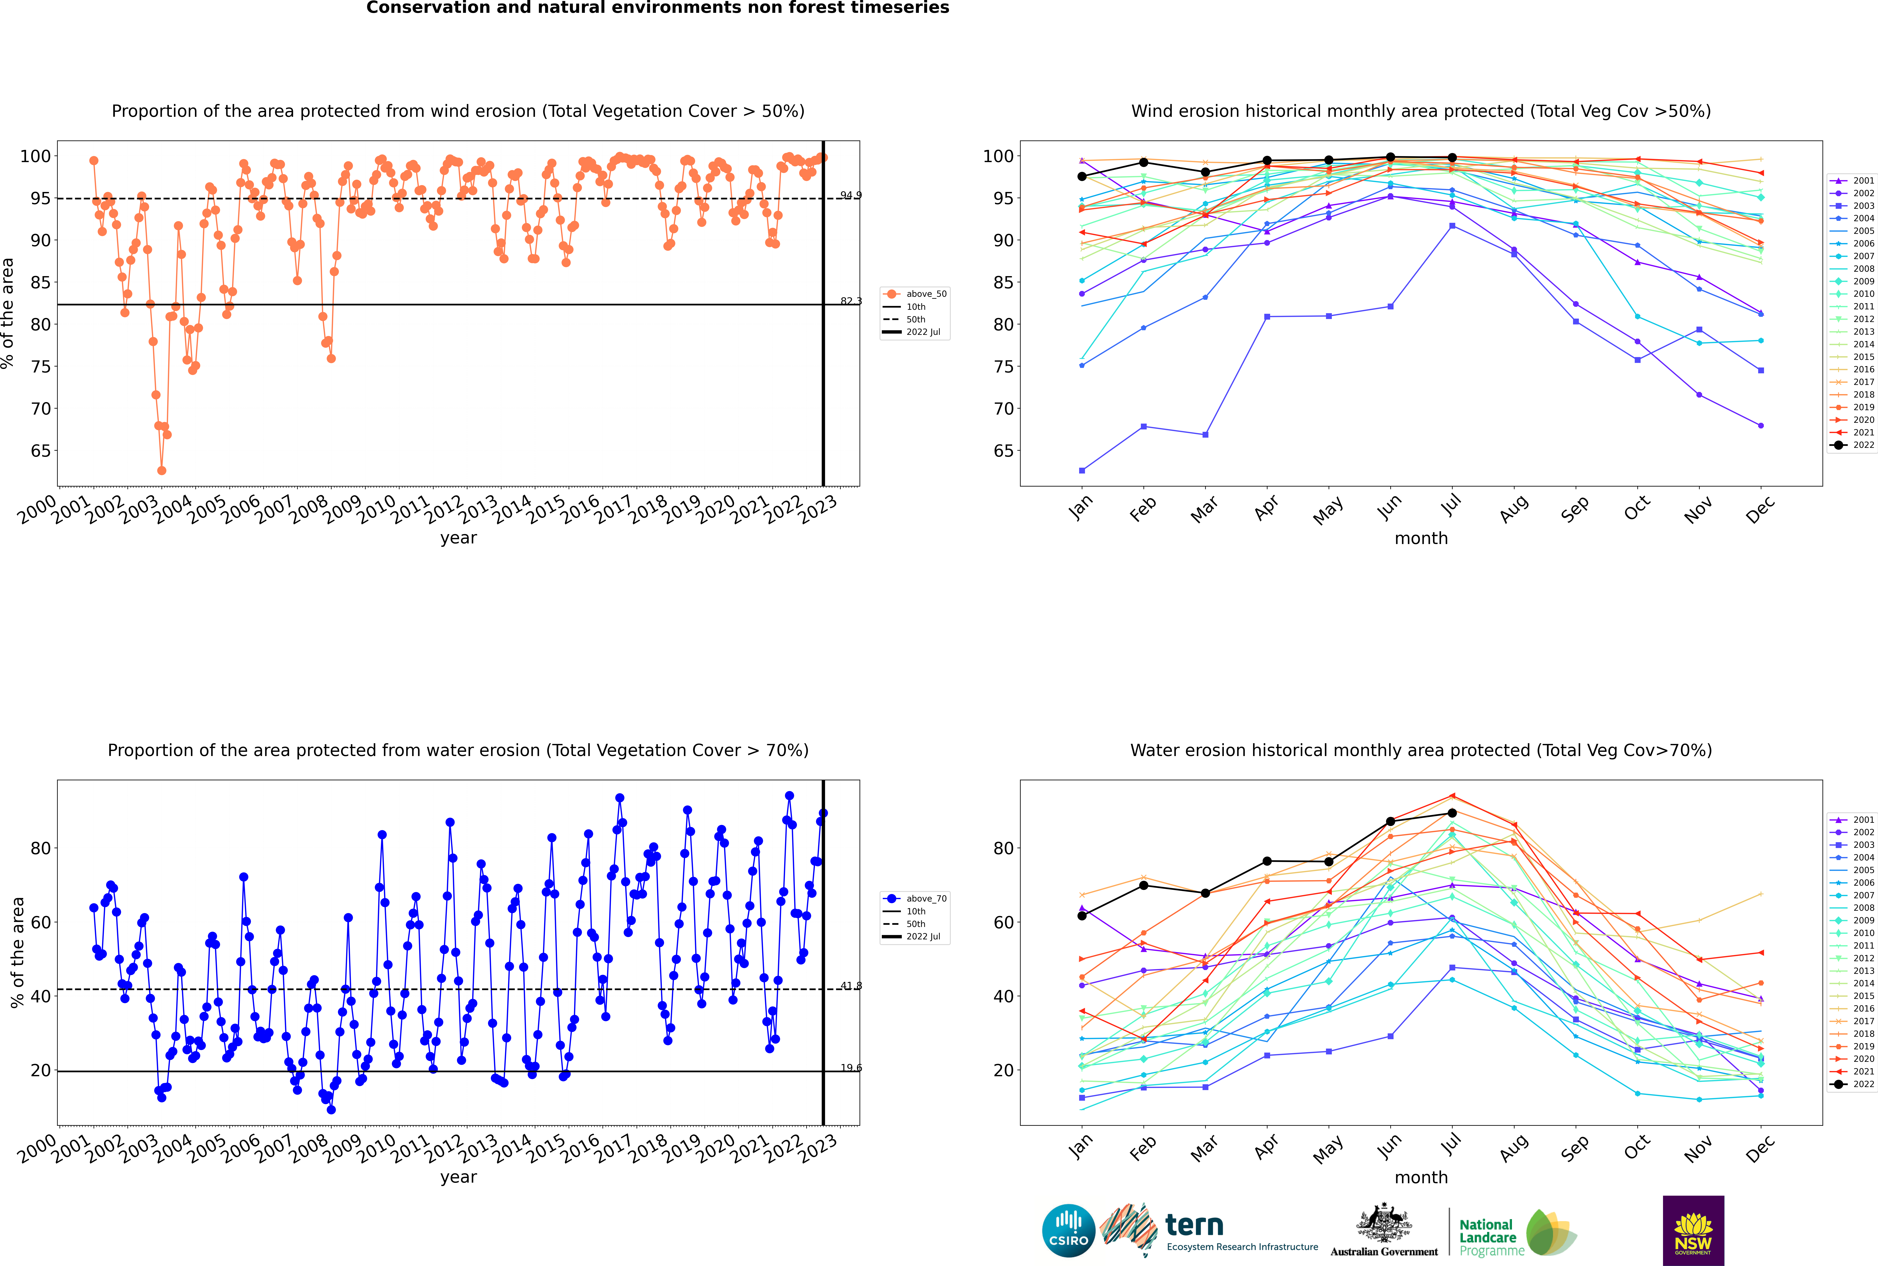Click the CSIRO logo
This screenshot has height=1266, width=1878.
tap(1068, 1231)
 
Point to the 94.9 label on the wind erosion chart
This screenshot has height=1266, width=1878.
tap(850, 195)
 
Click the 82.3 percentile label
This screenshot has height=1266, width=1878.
tap(850, 301)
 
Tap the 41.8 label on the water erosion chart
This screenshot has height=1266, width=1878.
tap(850, 986)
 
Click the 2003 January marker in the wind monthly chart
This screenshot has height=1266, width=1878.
tap(1082, 470)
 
